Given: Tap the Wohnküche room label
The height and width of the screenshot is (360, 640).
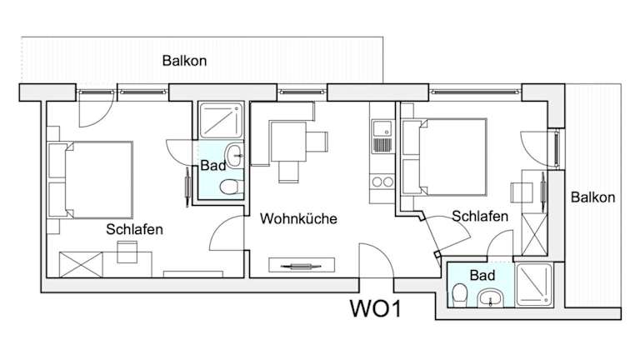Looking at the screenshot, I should (298, 219).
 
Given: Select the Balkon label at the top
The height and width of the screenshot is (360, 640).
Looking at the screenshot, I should (184, 61).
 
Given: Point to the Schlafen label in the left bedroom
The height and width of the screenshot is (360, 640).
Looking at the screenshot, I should (134, 228).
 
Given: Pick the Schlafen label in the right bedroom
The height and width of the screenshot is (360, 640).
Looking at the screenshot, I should (480, 217).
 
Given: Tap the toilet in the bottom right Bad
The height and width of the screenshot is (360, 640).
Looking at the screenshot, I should (459, 293).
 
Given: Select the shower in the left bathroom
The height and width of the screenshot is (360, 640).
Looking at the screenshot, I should (222, 122).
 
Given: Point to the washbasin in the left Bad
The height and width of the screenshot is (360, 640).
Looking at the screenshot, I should (236, 153).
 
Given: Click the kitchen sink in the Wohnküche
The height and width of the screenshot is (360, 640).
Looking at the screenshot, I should (382, 129).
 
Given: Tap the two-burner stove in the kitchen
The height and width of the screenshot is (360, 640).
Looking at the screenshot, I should (382, 180).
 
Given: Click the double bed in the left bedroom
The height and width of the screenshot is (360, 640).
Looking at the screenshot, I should (92, 177).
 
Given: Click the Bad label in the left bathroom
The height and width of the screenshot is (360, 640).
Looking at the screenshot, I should (212, 166).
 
